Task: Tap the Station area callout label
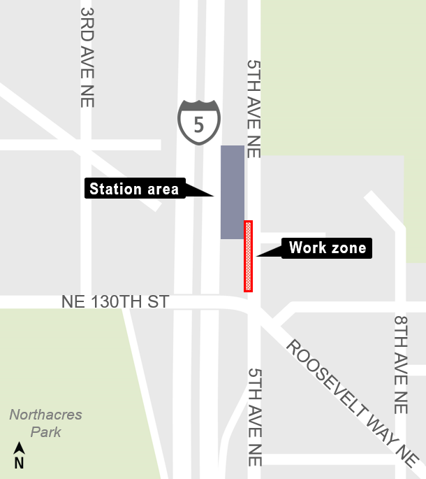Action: [134, 189]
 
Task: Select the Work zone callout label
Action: [327, 248]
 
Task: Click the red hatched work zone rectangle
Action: [248, 256]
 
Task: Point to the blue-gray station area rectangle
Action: [233, 192]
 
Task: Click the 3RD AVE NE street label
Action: [87, 57]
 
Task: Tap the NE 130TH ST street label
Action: [115, 302]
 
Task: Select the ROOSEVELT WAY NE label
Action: [352, 403]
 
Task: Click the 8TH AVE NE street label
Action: [401, 363]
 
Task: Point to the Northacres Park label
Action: [45, 423]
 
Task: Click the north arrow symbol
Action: [20, 448]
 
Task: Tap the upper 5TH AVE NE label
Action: [253, 108]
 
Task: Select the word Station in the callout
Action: [113, 189]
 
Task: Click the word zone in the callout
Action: [347, 248]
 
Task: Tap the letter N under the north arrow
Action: [20, 462]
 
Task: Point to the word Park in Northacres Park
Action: [45, 431]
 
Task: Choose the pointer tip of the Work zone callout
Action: [257, 256]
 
